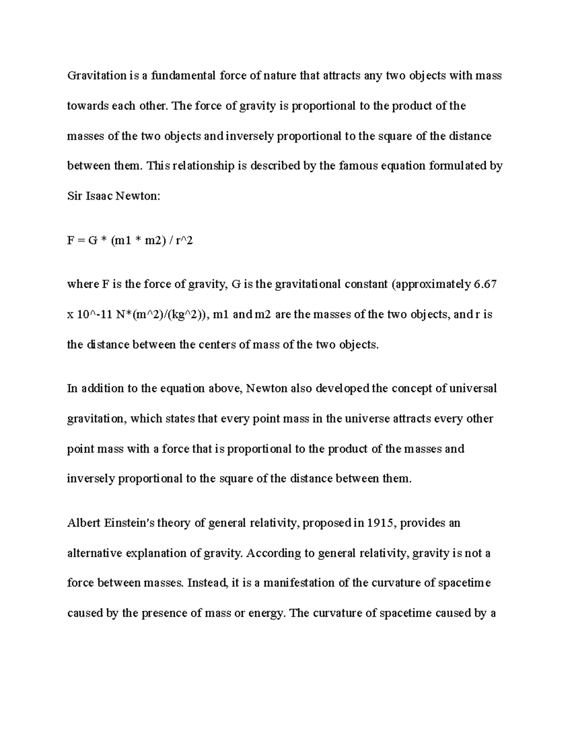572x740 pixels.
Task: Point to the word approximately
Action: click(x=431, y=284)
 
